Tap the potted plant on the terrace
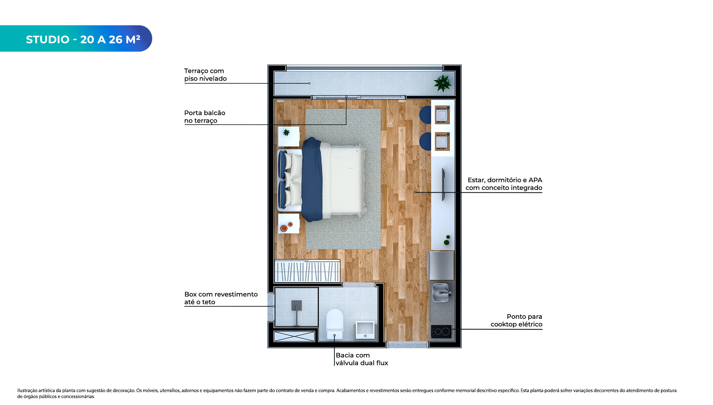443,83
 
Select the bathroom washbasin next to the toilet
365,330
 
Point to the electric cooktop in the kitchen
441,332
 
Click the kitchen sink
441,292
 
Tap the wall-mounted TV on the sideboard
443,185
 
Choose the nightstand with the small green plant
288,136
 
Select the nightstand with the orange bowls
288,224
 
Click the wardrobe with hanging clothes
307,271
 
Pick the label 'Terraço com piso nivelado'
205,75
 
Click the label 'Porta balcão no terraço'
205,116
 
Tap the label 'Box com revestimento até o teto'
221,298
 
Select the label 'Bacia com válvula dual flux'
361,359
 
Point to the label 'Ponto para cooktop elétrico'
516,320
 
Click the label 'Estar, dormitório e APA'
505,180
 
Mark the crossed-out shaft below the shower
294,336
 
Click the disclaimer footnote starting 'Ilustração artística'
347,393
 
